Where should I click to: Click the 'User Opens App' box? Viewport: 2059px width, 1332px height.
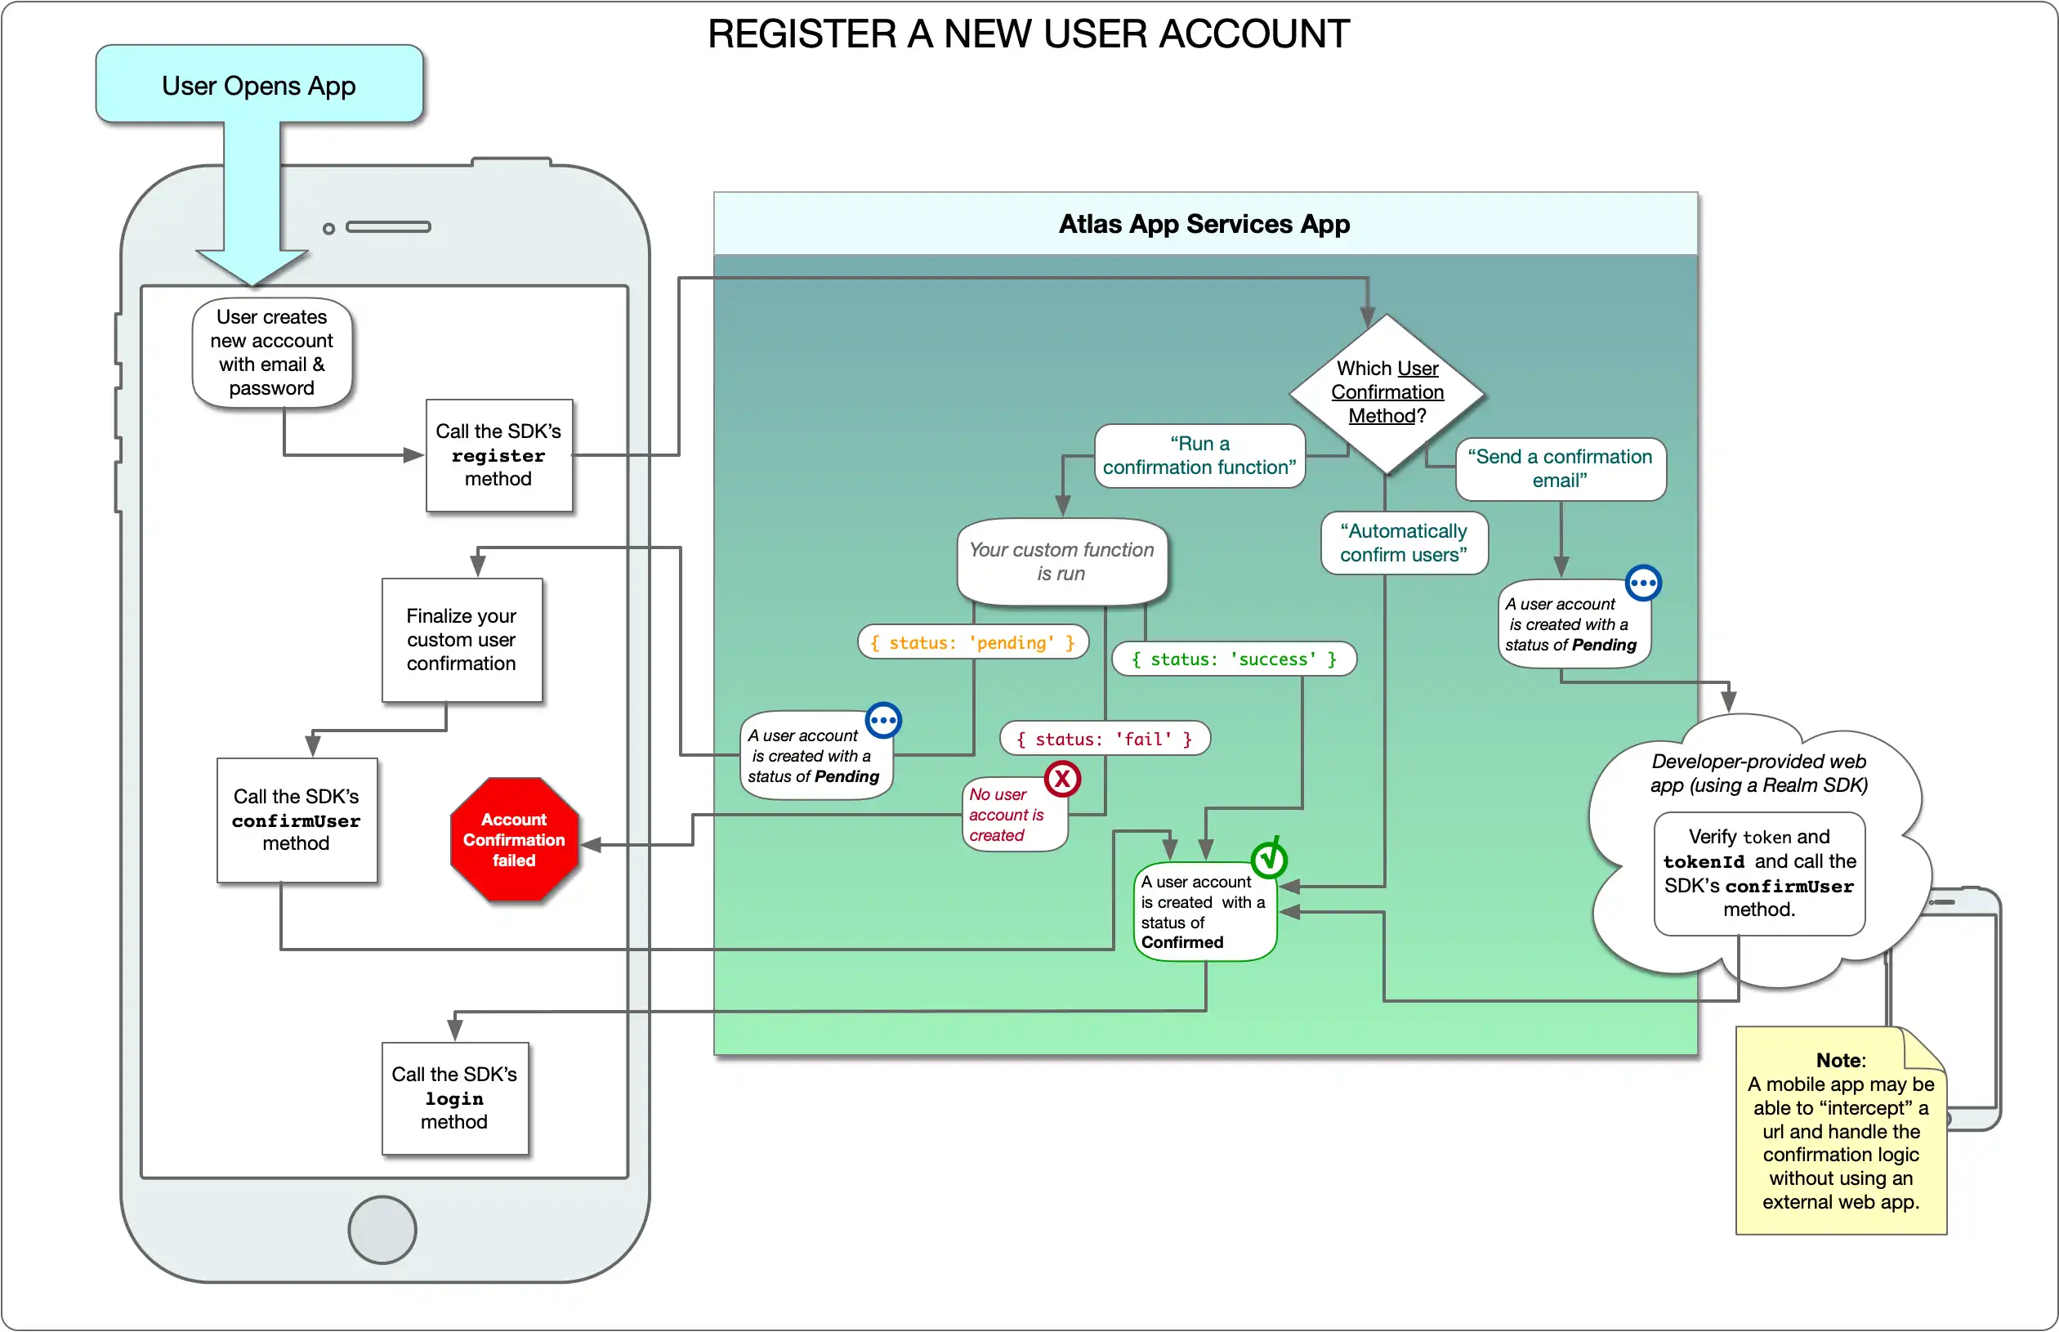click(x=258, y=84)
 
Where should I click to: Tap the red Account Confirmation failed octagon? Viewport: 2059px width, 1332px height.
click(x=514, y=839)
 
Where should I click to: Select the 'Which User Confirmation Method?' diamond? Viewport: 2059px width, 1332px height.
click(x=1387, y=393)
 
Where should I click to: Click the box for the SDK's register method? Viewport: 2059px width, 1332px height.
click(x=498, y=455)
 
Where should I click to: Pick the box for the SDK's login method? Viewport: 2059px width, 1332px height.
click(x=454, y=1097)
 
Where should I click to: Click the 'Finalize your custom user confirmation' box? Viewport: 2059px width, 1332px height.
click(x=461, y=639)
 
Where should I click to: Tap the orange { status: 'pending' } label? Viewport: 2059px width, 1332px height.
click(x=972, y=642)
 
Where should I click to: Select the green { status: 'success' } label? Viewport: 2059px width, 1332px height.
click(x=1233, y=659)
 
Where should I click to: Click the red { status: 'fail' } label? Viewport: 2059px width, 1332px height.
click(x=1105, y=739)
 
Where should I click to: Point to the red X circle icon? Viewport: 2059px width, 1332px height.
click(x=1062, y=780)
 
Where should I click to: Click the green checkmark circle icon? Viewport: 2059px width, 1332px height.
click(x=1269, y=859)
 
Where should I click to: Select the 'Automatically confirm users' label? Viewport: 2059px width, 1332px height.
click(x=1403, y=543)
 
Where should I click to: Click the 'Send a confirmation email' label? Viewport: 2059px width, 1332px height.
click(x=1559, y=469)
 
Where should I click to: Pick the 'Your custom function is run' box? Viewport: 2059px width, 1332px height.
click(x=1061, y=562)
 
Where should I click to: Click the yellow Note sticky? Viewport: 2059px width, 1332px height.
click(x=1840, y=1131)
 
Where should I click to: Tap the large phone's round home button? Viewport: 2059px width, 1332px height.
click(x=382, y=1230)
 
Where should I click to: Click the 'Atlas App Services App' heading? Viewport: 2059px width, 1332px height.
click(x=1204, y=224)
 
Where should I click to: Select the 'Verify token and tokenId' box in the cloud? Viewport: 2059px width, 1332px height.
click(x=1758, y=874)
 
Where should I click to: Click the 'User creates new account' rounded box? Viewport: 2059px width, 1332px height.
click(x=271, y=352)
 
